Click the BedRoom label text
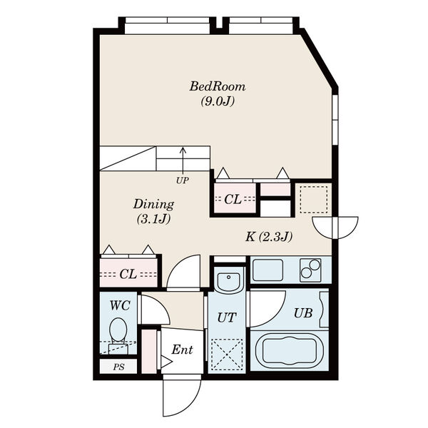pyautogui.click(x=218, y=87)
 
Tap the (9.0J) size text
pyautogui.click(x=218, y=102)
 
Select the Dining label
pyautogui.click(x=153, y=204)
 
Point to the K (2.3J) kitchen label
pyautogui.click(x=269, y=236)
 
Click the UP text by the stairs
pyautogui.click(x=183, y=180)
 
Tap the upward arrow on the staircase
pyautogui.click(x=183, y=161)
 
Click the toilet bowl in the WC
pyautogui.click(x=118, y=330)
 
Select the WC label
pyautogui.click(x=120, y=305)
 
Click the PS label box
pyautogui.click(x=118, y=367)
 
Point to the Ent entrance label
pyautogui.click(x=182, y=350)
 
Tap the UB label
pyautogui.click(x=303, y=313)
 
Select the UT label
pyautogui.click(x=227, y=317)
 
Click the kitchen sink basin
pyautogui.click(x=267, y=270)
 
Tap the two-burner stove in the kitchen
pyautogui.click(x=310, y=270)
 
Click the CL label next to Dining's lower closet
pyautogui.click(x=128, y=274)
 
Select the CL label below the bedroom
pyautogui.click(x=233, y=199)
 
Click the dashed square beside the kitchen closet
pyautogui.click(x=314, y=200)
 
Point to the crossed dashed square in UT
pyautogui.click(x=227, y=355)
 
